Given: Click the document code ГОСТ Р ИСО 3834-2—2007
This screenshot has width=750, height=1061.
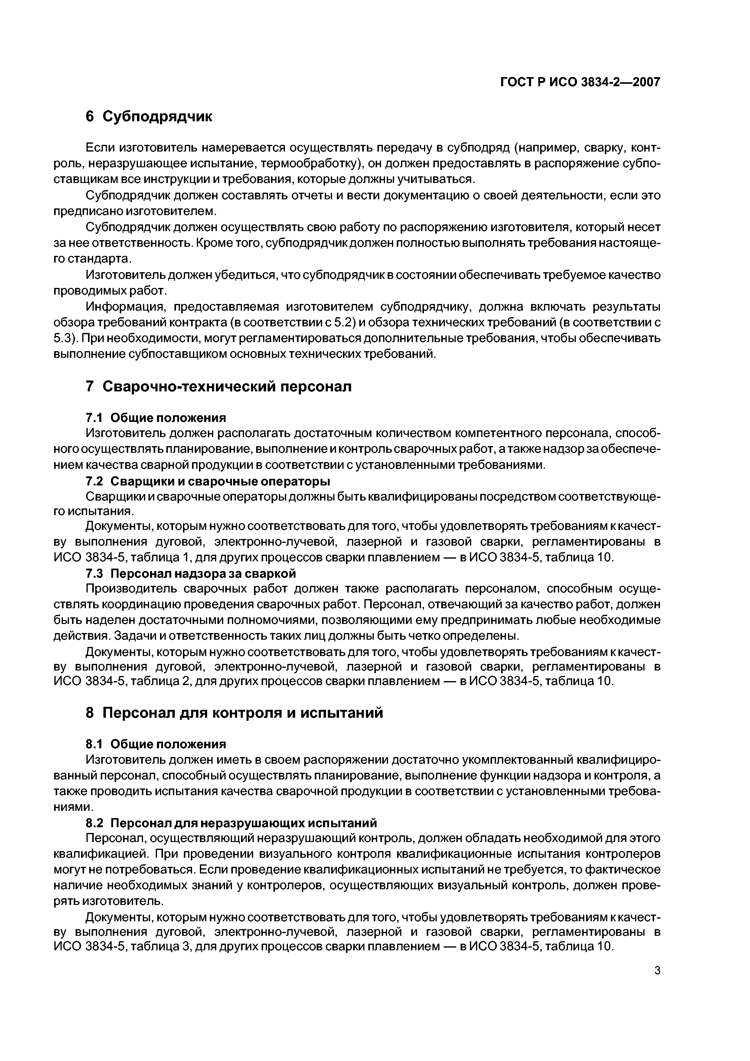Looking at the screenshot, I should pos(580,82).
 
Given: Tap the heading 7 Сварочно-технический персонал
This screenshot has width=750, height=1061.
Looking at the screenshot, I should pos(219,386).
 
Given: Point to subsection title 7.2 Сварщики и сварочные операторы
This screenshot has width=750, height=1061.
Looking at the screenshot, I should pos(208,481).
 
